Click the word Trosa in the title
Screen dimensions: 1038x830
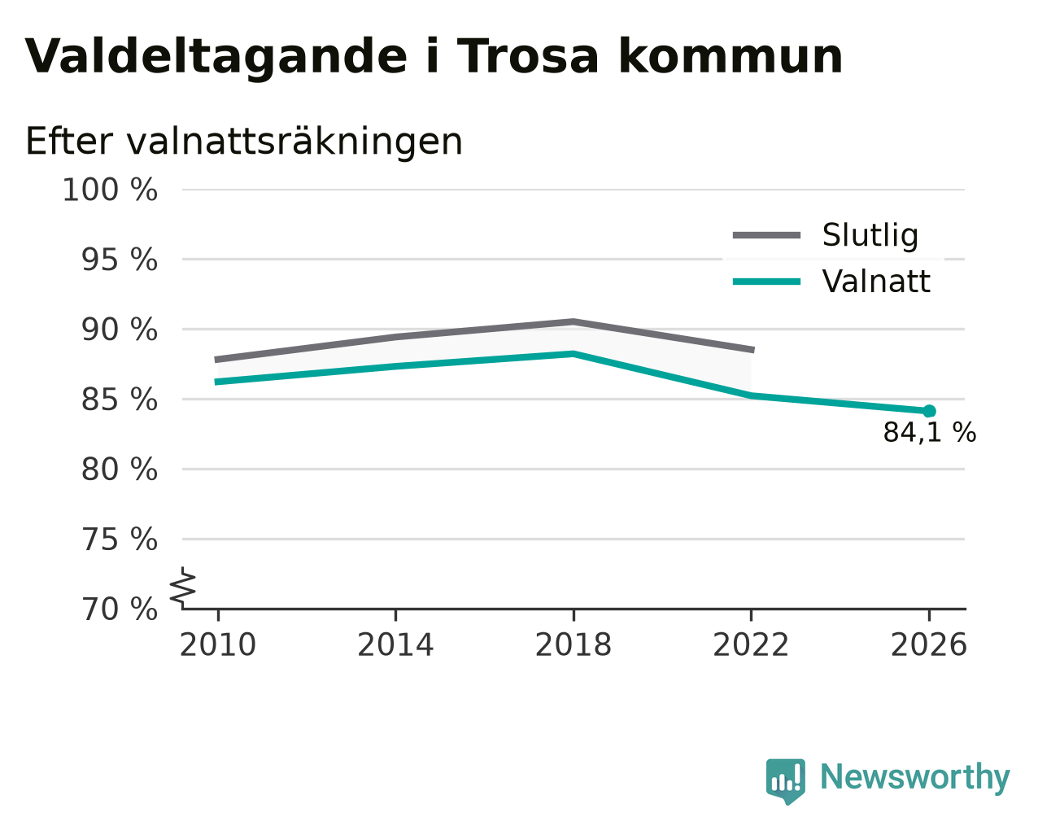coord(528,56)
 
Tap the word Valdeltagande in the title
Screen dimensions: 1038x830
coord(216,58)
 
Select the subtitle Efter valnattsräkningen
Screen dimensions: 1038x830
coord(243,142)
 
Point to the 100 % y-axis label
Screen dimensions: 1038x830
coord(110,190)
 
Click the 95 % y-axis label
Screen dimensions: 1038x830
coord(119,260)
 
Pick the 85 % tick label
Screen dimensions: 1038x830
coord(119,400)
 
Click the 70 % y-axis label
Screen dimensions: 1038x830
coord(119,609)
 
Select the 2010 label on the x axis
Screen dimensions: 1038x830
coord(217,644)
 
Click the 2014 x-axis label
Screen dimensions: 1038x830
coord(395,644)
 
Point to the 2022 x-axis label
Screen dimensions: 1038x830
coord(751,644)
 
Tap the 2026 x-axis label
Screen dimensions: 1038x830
coord(929,644)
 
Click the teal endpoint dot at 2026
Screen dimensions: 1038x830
coord(929,411)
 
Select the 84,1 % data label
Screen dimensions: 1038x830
coord(930,432)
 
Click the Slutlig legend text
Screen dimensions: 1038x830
coord(870,236)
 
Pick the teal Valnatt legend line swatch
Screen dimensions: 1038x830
coord(766,282)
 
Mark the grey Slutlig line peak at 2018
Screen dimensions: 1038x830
coord(573,321)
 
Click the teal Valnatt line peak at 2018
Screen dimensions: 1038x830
coord(574,354)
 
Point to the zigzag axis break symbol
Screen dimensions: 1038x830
coord(182,588)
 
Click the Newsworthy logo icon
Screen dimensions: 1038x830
coord(785,781)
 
